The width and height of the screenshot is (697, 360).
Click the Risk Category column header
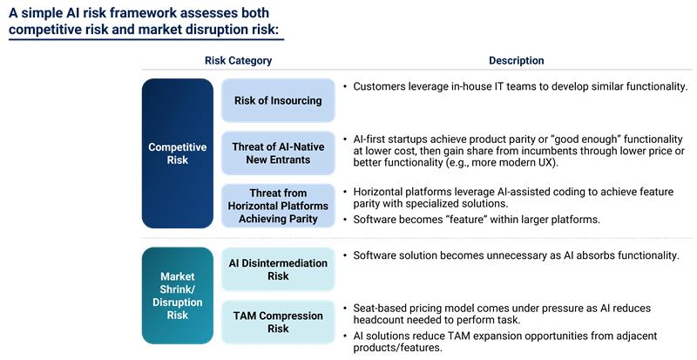[x=238, y=61]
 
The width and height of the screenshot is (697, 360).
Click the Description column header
[x=516, y=61]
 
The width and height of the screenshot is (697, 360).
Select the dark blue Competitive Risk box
[x=177, y=153]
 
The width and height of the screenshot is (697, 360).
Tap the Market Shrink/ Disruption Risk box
[x=177, y=295]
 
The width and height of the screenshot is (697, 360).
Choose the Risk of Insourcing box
[x=277, y=100]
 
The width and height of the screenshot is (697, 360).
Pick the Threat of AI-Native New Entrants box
[x=277, y=153]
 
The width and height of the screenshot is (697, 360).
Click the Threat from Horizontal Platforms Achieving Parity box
[x=277, y=206]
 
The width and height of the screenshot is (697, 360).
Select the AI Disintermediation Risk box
[x=277, y=269]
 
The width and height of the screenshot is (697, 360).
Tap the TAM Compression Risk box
[x=277, y=323]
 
